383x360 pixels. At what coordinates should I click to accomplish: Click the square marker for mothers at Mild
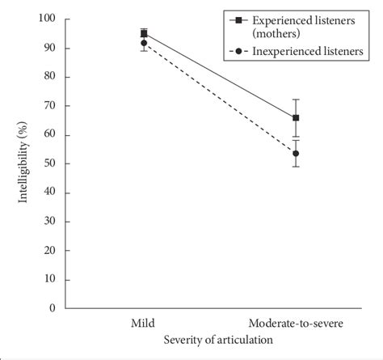click(144, 33)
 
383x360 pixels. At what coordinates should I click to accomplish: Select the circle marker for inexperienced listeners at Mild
click(144, 43)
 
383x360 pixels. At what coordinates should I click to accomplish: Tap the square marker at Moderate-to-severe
click(296, 118)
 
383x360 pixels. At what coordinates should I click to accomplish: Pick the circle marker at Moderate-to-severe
click(296, 153)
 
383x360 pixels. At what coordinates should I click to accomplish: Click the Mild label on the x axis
click(144, 324)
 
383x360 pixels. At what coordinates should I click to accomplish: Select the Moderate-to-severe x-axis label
click(296, 324)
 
